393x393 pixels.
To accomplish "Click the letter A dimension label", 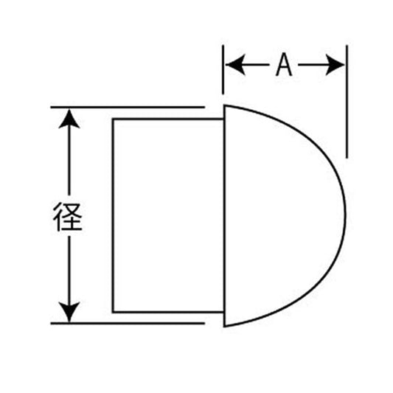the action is tap(284, 65).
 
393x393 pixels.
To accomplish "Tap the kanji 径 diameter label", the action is tap(68, 217).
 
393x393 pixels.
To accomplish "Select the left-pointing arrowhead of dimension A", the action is tap(235, 65).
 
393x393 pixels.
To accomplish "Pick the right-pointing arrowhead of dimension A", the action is tap(335, 65).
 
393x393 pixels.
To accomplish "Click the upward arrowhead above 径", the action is tap(69, 119).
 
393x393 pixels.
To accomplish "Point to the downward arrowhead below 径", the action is tap(69, 312).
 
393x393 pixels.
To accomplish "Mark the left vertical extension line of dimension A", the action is tap(223, 69).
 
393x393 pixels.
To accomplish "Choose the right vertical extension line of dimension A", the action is tap(347, 102).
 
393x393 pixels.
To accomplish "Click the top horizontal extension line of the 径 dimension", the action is tap(128, 107).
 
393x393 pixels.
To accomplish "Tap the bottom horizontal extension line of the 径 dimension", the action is tap(128, 324).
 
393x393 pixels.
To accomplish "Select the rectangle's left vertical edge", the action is tap(113, 215).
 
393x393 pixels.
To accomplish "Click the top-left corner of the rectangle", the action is tap(113, 119).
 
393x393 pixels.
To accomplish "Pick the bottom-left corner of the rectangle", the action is tap(113, 312).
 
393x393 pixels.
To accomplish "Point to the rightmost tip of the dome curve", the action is tap(345, 215).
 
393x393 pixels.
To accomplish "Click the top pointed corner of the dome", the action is tap(224, 105).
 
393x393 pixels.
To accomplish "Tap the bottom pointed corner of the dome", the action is tap(224, 327).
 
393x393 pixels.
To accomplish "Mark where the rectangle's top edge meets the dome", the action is tap(224, 119).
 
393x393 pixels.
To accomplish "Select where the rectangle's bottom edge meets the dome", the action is tap(224, 312).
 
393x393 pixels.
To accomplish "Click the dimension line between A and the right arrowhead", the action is tap(312, 65).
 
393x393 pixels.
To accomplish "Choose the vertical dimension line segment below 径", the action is tap(69, 269).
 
